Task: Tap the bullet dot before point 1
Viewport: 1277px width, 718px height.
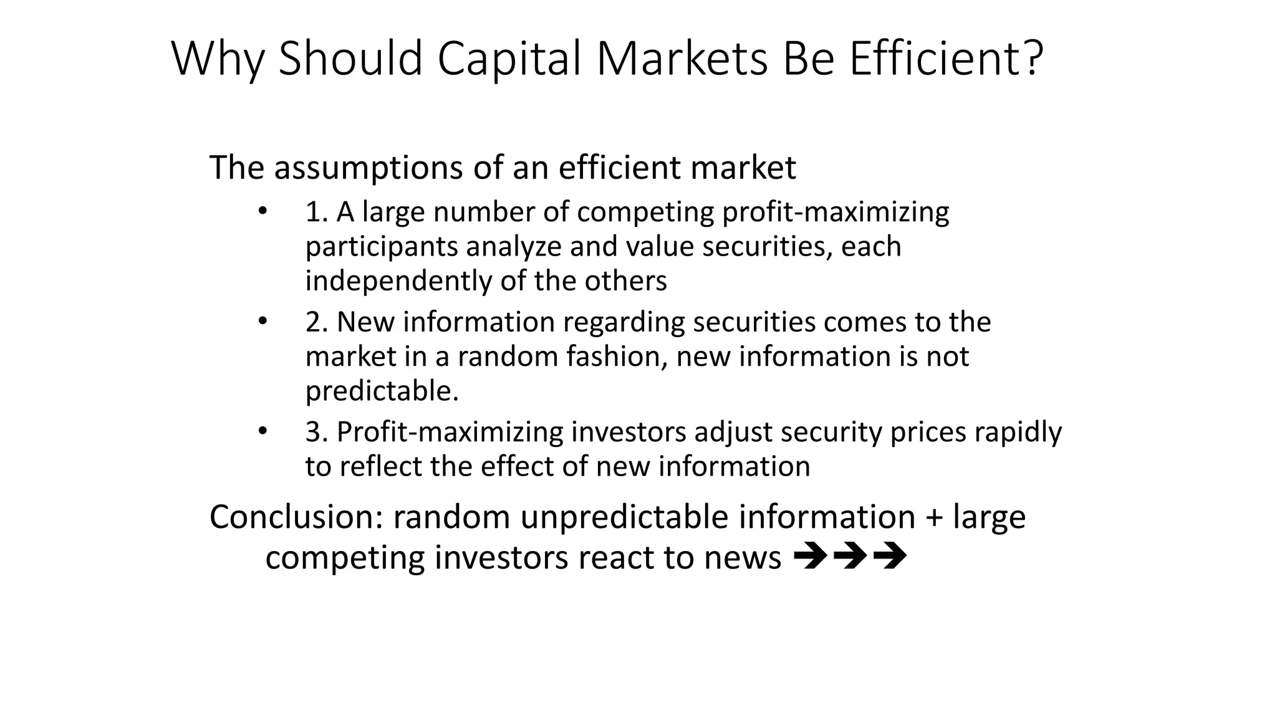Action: tap(263, 211)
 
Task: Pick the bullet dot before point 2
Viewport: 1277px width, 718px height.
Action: tap(263, 321)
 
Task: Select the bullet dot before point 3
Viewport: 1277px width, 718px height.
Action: tap(263, 431)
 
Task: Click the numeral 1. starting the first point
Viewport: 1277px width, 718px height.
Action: tap(317, 213)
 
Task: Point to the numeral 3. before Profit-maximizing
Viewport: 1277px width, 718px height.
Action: tap(317, 432)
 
